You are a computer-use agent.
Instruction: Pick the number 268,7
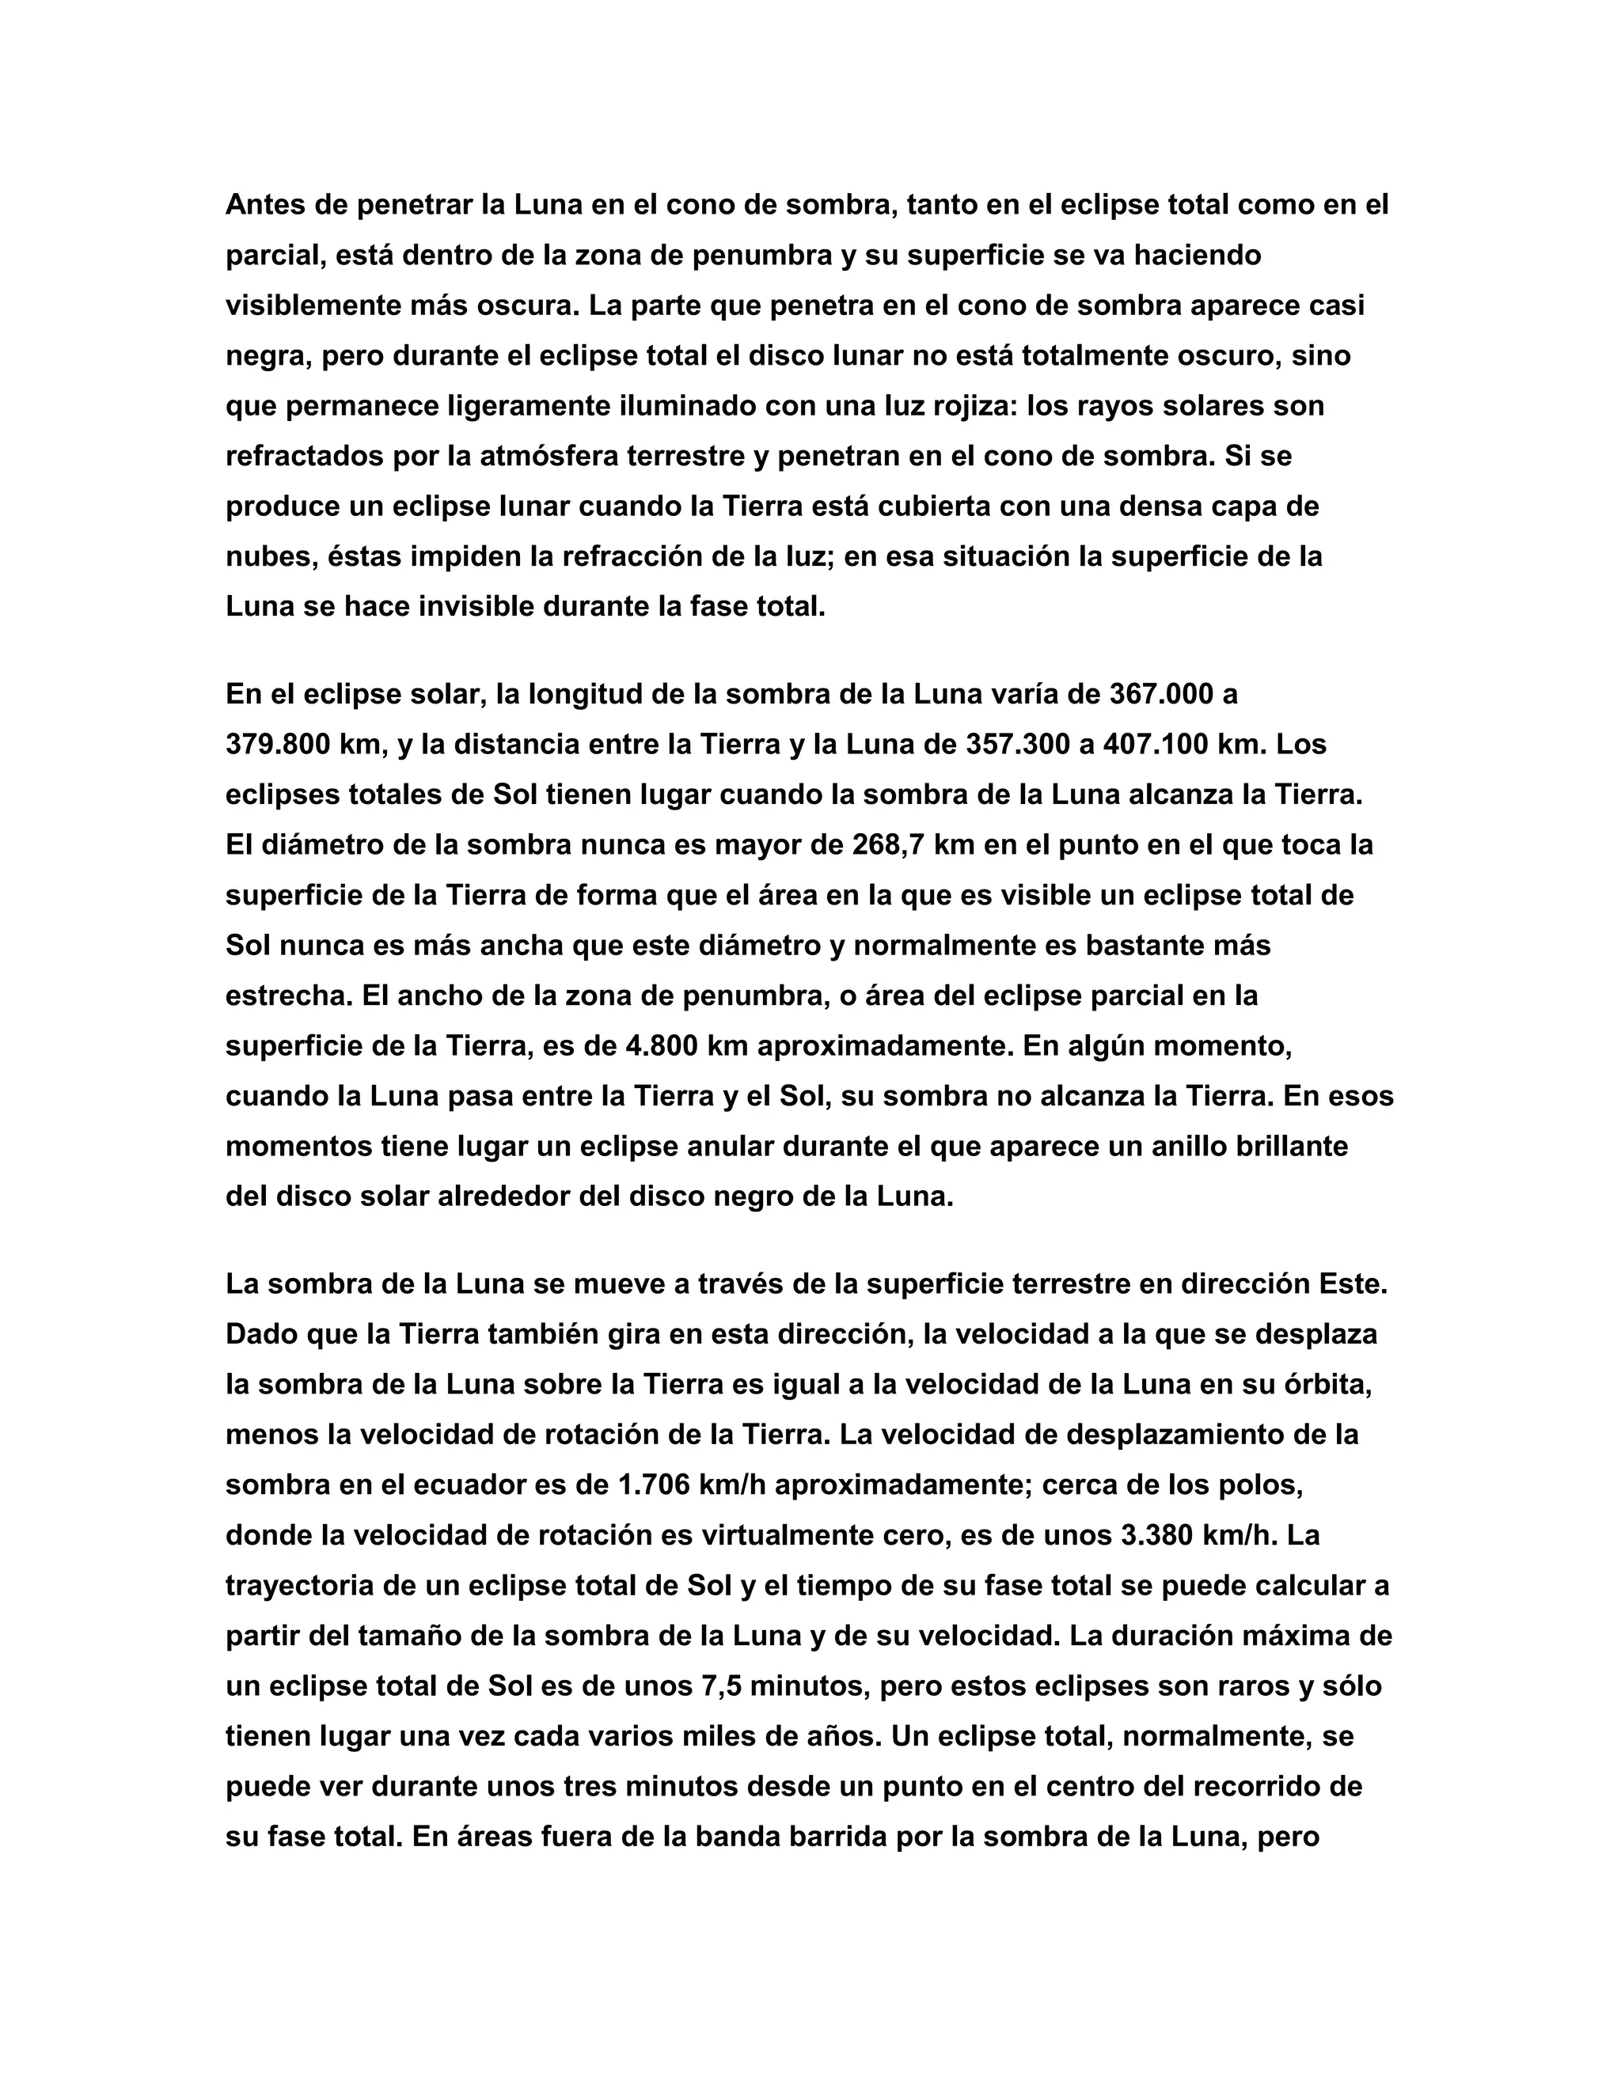point(888,845)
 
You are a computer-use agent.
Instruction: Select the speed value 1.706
point(653,1485)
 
